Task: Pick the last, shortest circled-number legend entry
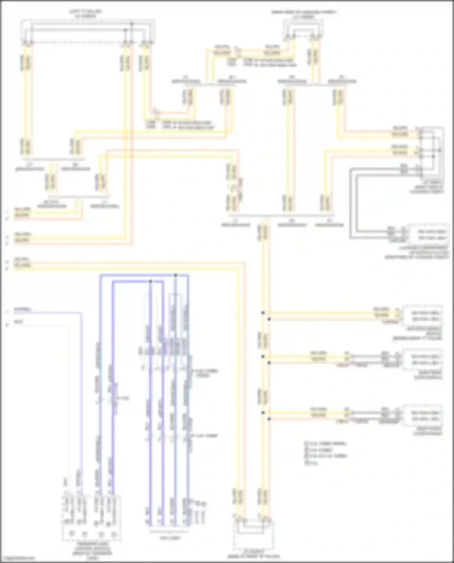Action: pos(312,463)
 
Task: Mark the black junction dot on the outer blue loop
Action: pos(176,275)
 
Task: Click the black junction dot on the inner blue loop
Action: pos(150,281)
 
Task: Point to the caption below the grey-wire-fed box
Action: pos(417,253)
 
